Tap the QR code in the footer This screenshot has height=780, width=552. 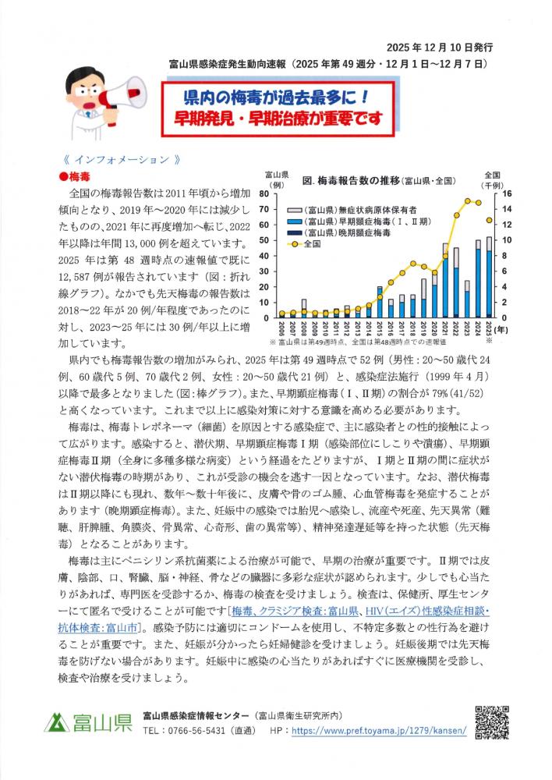(494, 722)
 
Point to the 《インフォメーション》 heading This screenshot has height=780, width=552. (117, 159)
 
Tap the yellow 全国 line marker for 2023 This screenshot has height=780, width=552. (467, 201)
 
